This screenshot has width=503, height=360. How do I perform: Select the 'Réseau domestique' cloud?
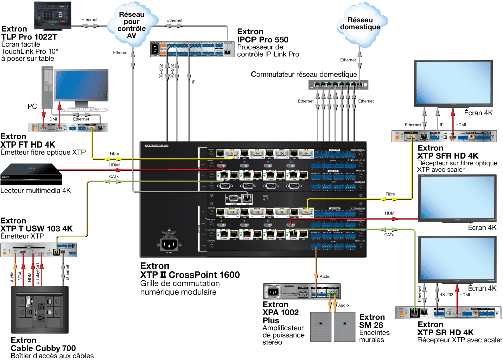360,24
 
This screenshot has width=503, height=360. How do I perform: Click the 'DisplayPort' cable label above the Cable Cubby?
38,274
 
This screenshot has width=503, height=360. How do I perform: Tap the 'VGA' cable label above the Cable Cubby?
20,275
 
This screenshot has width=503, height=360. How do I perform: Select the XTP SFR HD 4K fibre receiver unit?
443,135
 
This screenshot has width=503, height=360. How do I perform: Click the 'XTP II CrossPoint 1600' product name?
190,275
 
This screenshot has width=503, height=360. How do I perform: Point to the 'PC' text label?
32,107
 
